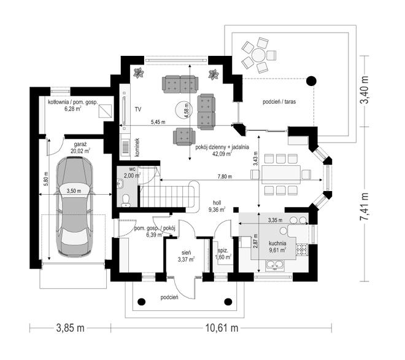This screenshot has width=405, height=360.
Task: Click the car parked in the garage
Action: (74, 206)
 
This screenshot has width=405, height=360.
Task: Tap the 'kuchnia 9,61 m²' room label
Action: (277, 247)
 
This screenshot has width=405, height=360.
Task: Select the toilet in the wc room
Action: (126, 201)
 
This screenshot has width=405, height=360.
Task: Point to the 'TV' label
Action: (138, 109)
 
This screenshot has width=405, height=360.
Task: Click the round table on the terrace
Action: (258, 55)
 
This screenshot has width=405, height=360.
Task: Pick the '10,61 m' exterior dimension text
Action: (222, 328)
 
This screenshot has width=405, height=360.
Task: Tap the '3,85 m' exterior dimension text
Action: (70, 328)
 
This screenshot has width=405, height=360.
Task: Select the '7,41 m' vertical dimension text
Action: (364, 206)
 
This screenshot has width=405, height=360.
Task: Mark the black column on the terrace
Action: (311, 81)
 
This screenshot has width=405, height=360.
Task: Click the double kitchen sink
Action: (274, 265)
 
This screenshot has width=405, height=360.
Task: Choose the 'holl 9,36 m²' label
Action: (217, 206)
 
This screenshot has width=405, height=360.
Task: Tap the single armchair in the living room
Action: (184, 136)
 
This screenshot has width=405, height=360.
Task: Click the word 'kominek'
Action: (137, 147)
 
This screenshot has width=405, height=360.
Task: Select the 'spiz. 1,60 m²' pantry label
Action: (224, 254)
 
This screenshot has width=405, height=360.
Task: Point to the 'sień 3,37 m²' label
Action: (186, 256)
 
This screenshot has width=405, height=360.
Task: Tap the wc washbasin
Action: (120, 183)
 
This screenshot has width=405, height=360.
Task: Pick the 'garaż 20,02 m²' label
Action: (80, 147)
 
